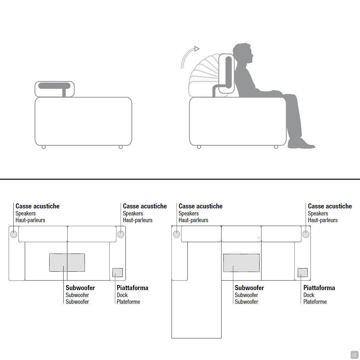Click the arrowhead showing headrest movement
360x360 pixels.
tap(197, 49)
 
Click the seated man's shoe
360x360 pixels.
tap(301, 144)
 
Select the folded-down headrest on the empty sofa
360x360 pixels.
tap(54, 89)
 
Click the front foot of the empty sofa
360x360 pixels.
tap(120, 147)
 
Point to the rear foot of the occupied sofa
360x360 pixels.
tap(199, 147)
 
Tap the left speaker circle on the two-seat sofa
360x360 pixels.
tap(14, 234)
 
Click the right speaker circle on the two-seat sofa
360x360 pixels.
tap(121, 234)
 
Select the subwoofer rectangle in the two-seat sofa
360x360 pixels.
tap(67, 263)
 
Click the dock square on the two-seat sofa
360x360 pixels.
tap(118, 273)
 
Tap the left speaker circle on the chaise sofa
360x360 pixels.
tap(176, 234)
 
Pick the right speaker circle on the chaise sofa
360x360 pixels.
tap(306, 234)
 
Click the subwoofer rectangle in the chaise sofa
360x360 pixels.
tap(241, 263)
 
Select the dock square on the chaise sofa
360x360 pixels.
tap(302, 273)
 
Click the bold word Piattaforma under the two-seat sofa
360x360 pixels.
tap(132, 288)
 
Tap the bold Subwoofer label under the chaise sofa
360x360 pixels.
tap(249, 288)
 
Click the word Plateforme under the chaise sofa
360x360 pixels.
tap(315, 302)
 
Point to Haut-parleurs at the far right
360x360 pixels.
tap(323, 220)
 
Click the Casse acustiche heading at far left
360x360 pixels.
tap(37, 206)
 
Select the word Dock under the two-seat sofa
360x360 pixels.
tap(122, 295)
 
